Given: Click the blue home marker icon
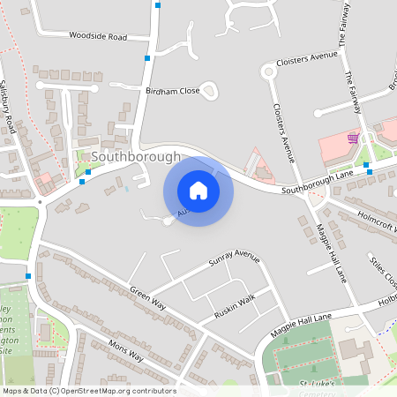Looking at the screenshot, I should pyautogui.click(x=198, y=191).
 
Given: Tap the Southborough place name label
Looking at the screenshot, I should pyautogui.click(x=136, y=157).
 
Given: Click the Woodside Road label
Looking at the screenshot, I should pyautogui.click(x=97, y=37).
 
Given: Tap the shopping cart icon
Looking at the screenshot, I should pyautogui.click(x=353, y=139).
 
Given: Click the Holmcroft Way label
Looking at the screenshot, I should pyautogui.click(x=376, y=221).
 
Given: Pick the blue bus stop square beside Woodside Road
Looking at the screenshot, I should pyautogui.click(x=147, y=58).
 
